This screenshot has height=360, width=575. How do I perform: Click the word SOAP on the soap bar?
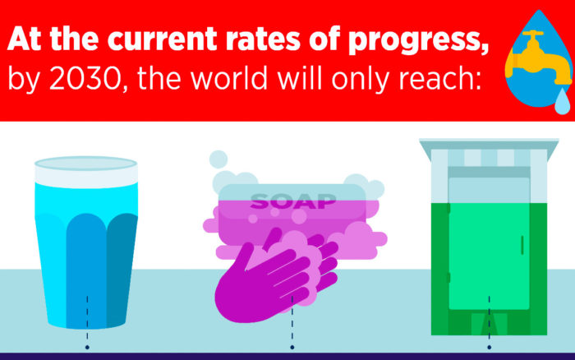[293, 200]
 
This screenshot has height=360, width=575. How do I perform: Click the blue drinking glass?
[86, 247]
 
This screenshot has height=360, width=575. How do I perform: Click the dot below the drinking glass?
[86, 335]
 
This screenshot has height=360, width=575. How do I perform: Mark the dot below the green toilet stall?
[489, 335]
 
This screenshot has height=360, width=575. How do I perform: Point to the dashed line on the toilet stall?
[489, 312]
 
